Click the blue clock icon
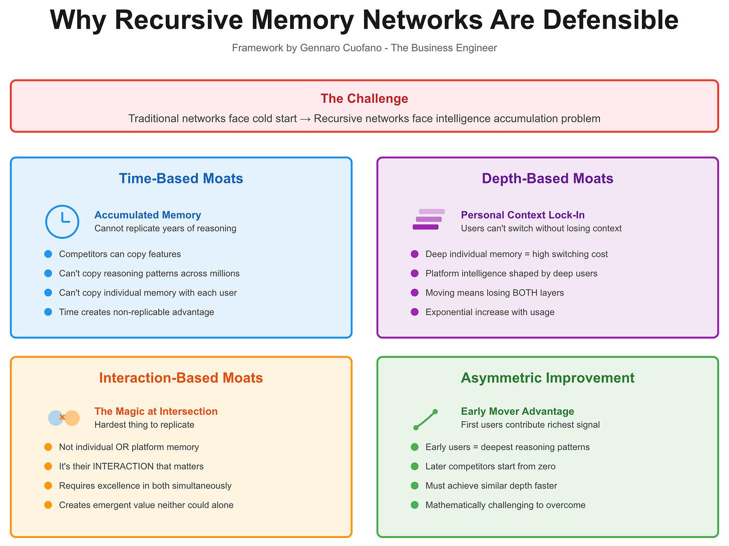[62, 221]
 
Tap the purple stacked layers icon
[428, 219]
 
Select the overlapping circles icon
[64, 417]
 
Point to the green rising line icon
[426, 419]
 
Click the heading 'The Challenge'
[364, 99]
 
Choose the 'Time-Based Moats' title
[181, 179]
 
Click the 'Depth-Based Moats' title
[547, 179]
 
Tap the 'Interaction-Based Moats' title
[181, 378]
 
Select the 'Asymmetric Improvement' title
[547, 378]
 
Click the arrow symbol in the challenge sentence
[305, 119]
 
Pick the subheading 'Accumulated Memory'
[148, 215]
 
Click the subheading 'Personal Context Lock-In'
[523, 215]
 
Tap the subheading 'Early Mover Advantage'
[517, 411]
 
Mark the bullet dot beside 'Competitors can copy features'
[48, 254]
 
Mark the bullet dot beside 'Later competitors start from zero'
[415, 466]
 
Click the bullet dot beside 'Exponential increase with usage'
[415, 312]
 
